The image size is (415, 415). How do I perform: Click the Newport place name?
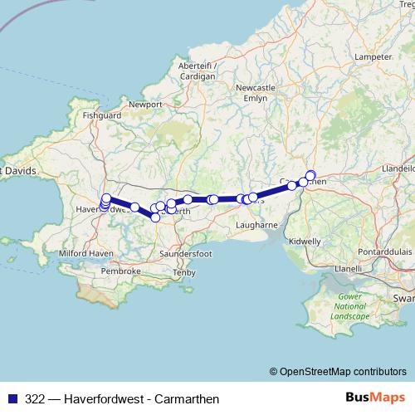[x=146, y=105]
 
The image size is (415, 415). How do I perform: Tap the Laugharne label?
[x=255, y=225]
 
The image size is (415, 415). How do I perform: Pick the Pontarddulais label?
[x=380, y=250]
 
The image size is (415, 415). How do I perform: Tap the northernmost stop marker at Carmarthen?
[x=311, y=174]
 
